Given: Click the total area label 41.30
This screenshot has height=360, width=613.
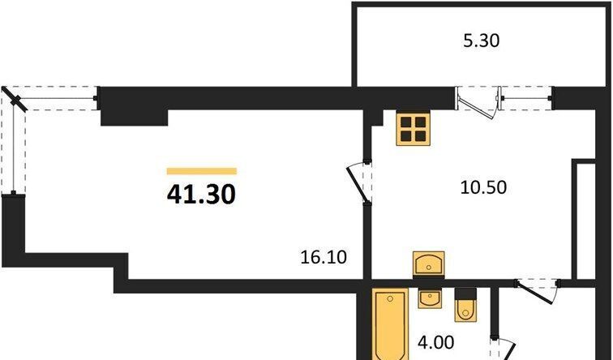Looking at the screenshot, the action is tap(201, 195).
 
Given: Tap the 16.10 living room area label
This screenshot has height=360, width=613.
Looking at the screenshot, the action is tap(324, 257).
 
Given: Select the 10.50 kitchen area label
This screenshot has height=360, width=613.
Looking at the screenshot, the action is tap(483, 187).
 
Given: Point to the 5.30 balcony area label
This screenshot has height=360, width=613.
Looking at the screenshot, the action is tap(482, 41).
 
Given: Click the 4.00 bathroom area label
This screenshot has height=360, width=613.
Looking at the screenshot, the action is tap(436, 343).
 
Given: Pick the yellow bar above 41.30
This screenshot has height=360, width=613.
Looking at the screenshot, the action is tap(202, 171).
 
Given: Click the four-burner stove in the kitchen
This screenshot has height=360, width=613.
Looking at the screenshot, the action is tap(414, 129).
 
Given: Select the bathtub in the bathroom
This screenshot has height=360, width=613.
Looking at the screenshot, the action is tap(390, 324).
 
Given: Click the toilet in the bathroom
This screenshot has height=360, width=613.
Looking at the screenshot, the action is tap(465, 305).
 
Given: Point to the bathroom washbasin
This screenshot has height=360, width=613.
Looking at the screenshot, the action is tap(430, 298).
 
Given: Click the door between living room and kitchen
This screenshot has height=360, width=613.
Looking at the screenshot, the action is tap(360, 183).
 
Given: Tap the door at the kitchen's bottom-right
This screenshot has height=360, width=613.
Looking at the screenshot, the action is tap(538, 290).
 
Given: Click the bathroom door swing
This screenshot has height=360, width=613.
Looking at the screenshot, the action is tap(504, 349).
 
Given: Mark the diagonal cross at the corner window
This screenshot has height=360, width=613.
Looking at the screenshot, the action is tap(15, 100).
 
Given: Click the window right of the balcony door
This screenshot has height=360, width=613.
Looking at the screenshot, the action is tap(526, 98).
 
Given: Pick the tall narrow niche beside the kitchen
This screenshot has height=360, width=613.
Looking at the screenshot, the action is tap(584, 220).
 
